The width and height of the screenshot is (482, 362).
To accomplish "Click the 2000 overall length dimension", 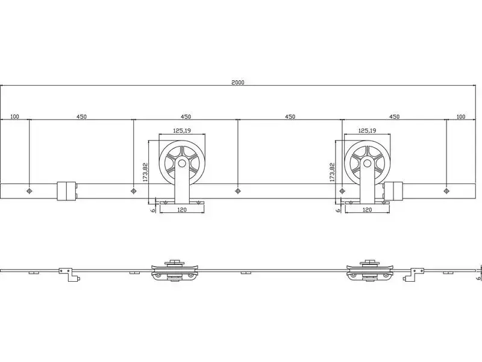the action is click(237, 82).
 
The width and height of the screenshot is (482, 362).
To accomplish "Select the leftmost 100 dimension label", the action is click(14, 116).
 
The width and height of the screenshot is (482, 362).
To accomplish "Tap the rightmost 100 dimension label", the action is click(461, 116).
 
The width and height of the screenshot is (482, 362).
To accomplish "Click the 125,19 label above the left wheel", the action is click(182, 130).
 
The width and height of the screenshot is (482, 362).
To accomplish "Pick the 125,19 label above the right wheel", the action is click(368, 130).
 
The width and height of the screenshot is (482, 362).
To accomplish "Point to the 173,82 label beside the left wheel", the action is click(145, 172).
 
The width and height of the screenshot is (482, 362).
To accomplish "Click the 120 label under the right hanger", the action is click(368, 209).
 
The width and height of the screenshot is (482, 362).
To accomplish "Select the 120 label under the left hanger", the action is click(182, 209).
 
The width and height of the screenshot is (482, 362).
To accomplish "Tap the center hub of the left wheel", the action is click(182, 163).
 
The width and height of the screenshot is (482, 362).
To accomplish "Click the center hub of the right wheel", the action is click(367, 163).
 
